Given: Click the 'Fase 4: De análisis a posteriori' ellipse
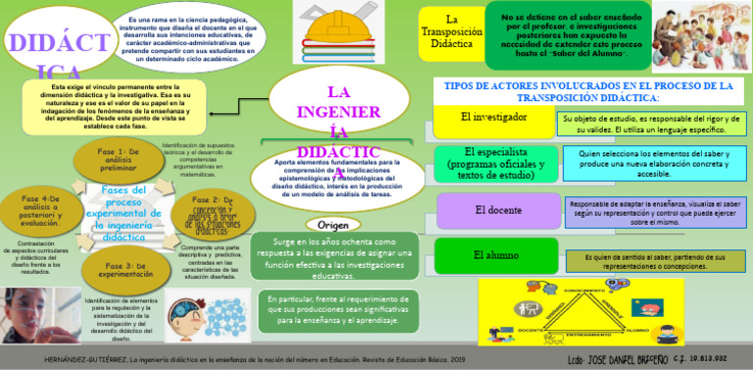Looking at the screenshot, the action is point(40,210).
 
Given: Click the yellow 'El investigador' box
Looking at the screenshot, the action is point(493,119).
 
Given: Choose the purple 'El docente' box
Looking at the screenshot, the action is point(497,210).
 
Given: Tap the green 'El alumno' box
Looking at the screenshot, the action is point(495,256).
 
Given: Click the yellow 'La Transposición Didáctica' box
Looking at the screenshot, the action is point(450,31).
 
